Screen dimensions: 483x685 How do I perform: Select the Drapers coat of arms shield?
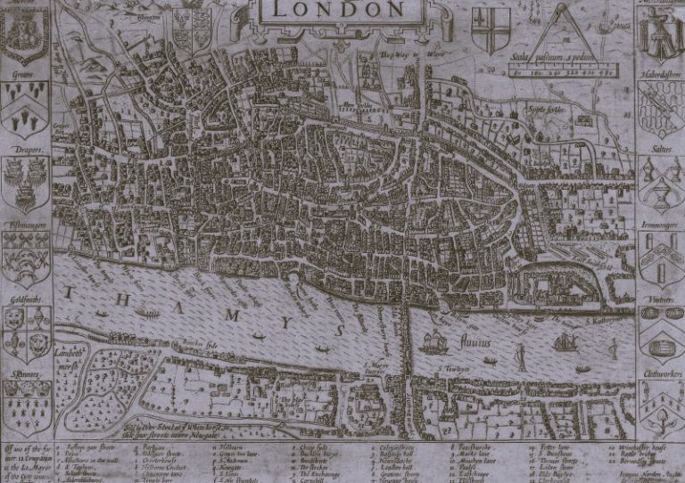[25, 182]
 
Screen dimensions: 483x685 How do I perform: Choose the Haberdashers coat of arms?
[661, 108]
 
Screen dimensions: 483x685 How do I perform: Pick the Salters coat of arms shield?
[661, 183]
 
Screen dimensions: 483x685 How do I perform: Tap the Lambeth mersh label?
[70, 355]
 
